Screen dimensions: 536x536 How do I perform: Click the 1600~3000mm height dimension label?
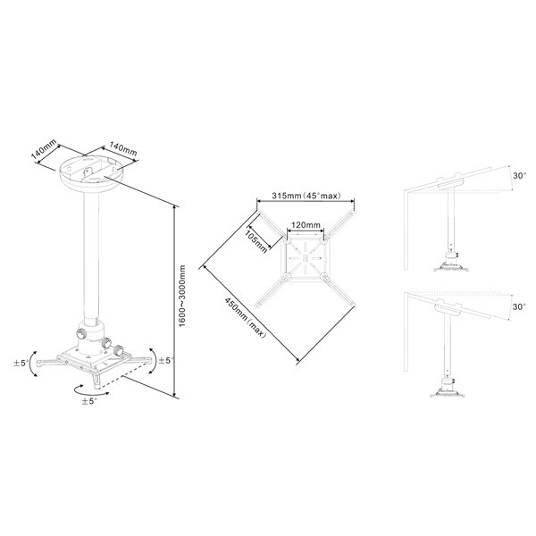coord(182,296)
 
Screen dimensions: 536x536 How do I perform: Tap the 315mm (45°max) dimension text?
coord(306,196)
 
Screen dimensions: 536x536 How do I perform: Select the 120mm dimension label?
coord(306,225)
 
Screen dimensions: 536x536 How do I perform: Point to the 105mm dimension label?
coord(256,240)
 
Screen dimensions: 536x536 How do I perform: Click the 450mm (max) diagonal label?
coord(245,317)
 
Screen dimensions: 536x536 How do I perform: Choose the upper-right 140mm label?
coord(123,149)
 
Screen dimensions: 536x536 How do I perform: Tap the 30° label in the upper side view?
coord(519,176)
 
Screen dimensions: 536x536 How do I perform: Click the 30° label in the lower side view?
coord(519,306)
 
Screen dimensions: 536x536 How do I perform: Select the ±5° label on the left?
coord(21,363)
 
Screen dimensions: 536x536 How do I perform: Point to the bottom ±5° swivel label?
coord(89,401)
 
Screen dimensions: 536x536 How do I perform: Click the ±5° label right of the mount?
coord(166,360)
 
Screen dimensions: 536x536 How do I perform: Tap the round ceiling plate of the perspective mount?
coord(90,174)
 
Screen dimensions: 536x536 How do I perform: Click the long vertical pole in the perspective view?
coord(92,256)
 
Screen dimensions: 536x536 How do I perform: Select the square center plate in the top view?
coord(306,258)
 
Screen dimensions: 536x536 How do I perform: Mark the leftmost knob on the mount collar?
coord(82,333)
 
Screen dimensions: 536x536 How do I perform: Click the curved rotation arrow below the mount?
coord(91,390)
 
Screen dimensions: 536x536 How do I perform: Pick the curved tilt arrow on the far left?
coord(31,364)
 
